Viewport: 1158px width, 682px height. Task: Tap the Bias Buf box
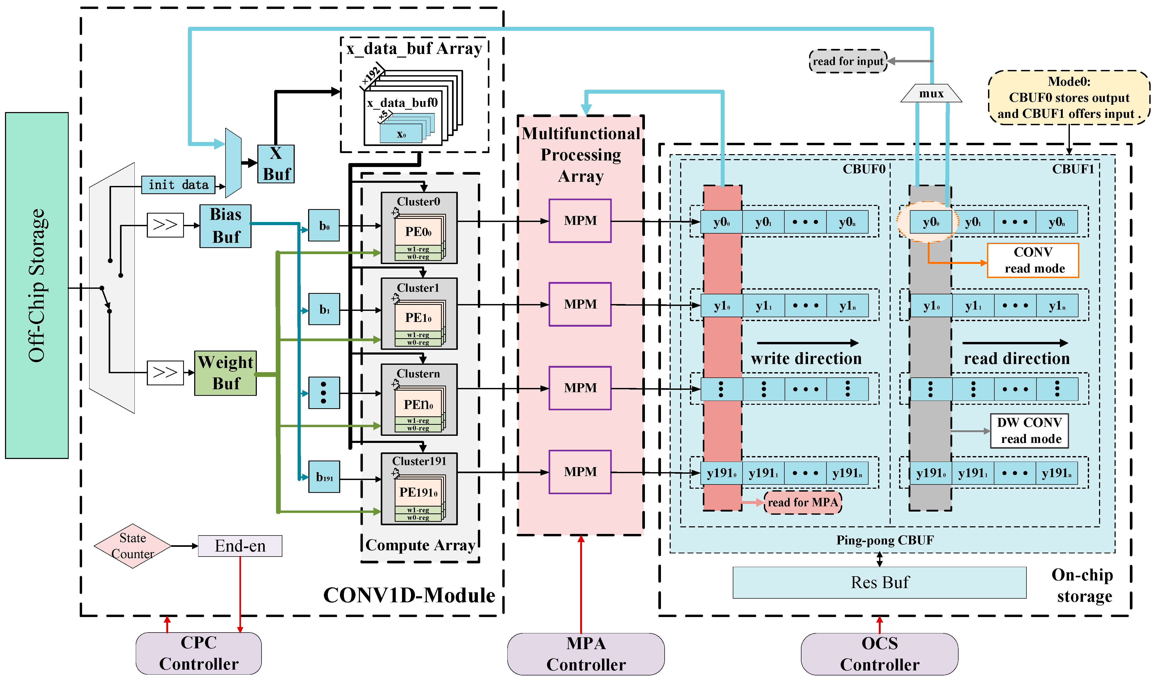click(225, 226)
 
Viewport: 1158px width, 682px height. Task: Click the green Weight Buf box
click(225, 373)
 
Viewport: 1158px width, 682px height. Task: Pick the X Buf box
click(276, 164)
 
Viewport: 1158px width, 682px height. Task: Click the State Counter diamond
click(132, 546)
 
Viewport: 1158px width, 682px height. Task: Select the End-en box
click(240, 546)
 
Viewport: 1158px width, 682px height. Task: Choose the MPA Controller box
click(586, 654)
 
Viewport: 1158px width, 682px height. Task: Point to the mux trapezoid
click(931, 93)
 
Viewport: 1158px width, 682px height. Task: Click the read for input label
click(848, 61)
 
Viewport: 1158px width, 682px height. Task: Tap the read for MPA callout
click(803, 502)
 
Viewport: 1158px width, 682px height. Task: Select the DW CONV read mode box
click(1029, 431)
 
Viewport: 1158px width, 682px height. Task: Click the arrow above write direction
click(807, 343)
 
